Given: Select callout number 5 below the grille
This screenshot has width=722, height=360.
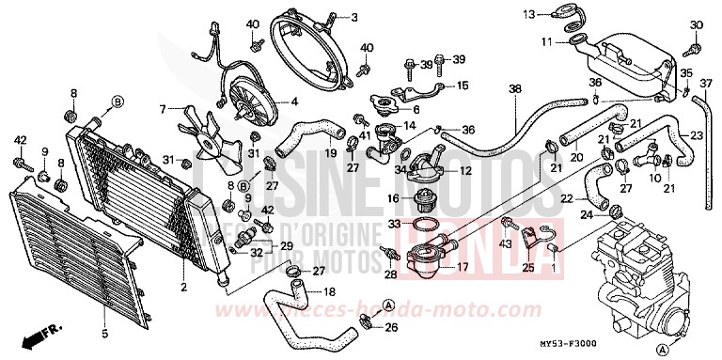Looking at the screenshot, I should coord(104,332).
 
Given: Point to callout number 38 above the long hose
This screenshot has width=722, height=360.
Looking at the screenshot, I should coord(514,88).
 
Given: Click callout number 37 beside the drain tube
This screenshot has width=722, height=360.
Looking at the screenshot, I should coord(712,81).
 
